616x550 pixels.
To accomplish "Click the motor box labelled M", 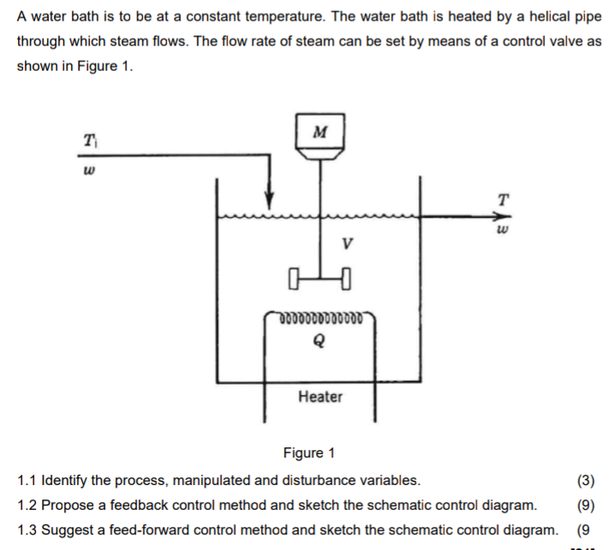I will point(320,132).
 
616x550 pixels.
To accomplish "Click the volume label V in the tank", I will point(346,242).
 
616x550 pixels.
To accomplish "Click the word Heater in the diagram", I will point(320,397).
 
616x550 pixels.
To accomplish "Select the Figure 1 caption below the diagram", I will point(309,452).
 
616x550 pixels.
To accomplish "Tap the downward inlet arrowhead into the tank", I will point(269,203).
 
